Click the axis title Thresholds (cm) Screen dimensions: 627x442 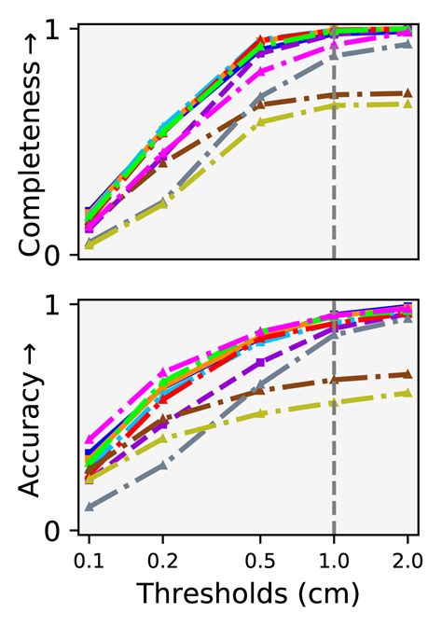[x=248, y=594]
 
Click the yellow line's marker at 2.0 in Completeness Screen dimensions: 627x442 [x=407, y=104]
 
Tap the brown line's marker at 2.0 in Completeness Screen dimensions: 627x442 [x=407, y=92]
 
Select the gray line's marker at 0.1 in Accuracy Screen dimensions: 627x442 [x=90, y=507]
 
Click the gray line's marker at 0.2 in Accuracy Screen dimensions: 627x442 [x=163, y=465]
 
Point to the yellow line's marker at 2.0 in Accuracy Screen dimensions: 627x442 [x=407, y=393]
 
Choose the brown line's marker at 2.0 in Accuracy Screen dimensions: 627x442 [x=407, y=374]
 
